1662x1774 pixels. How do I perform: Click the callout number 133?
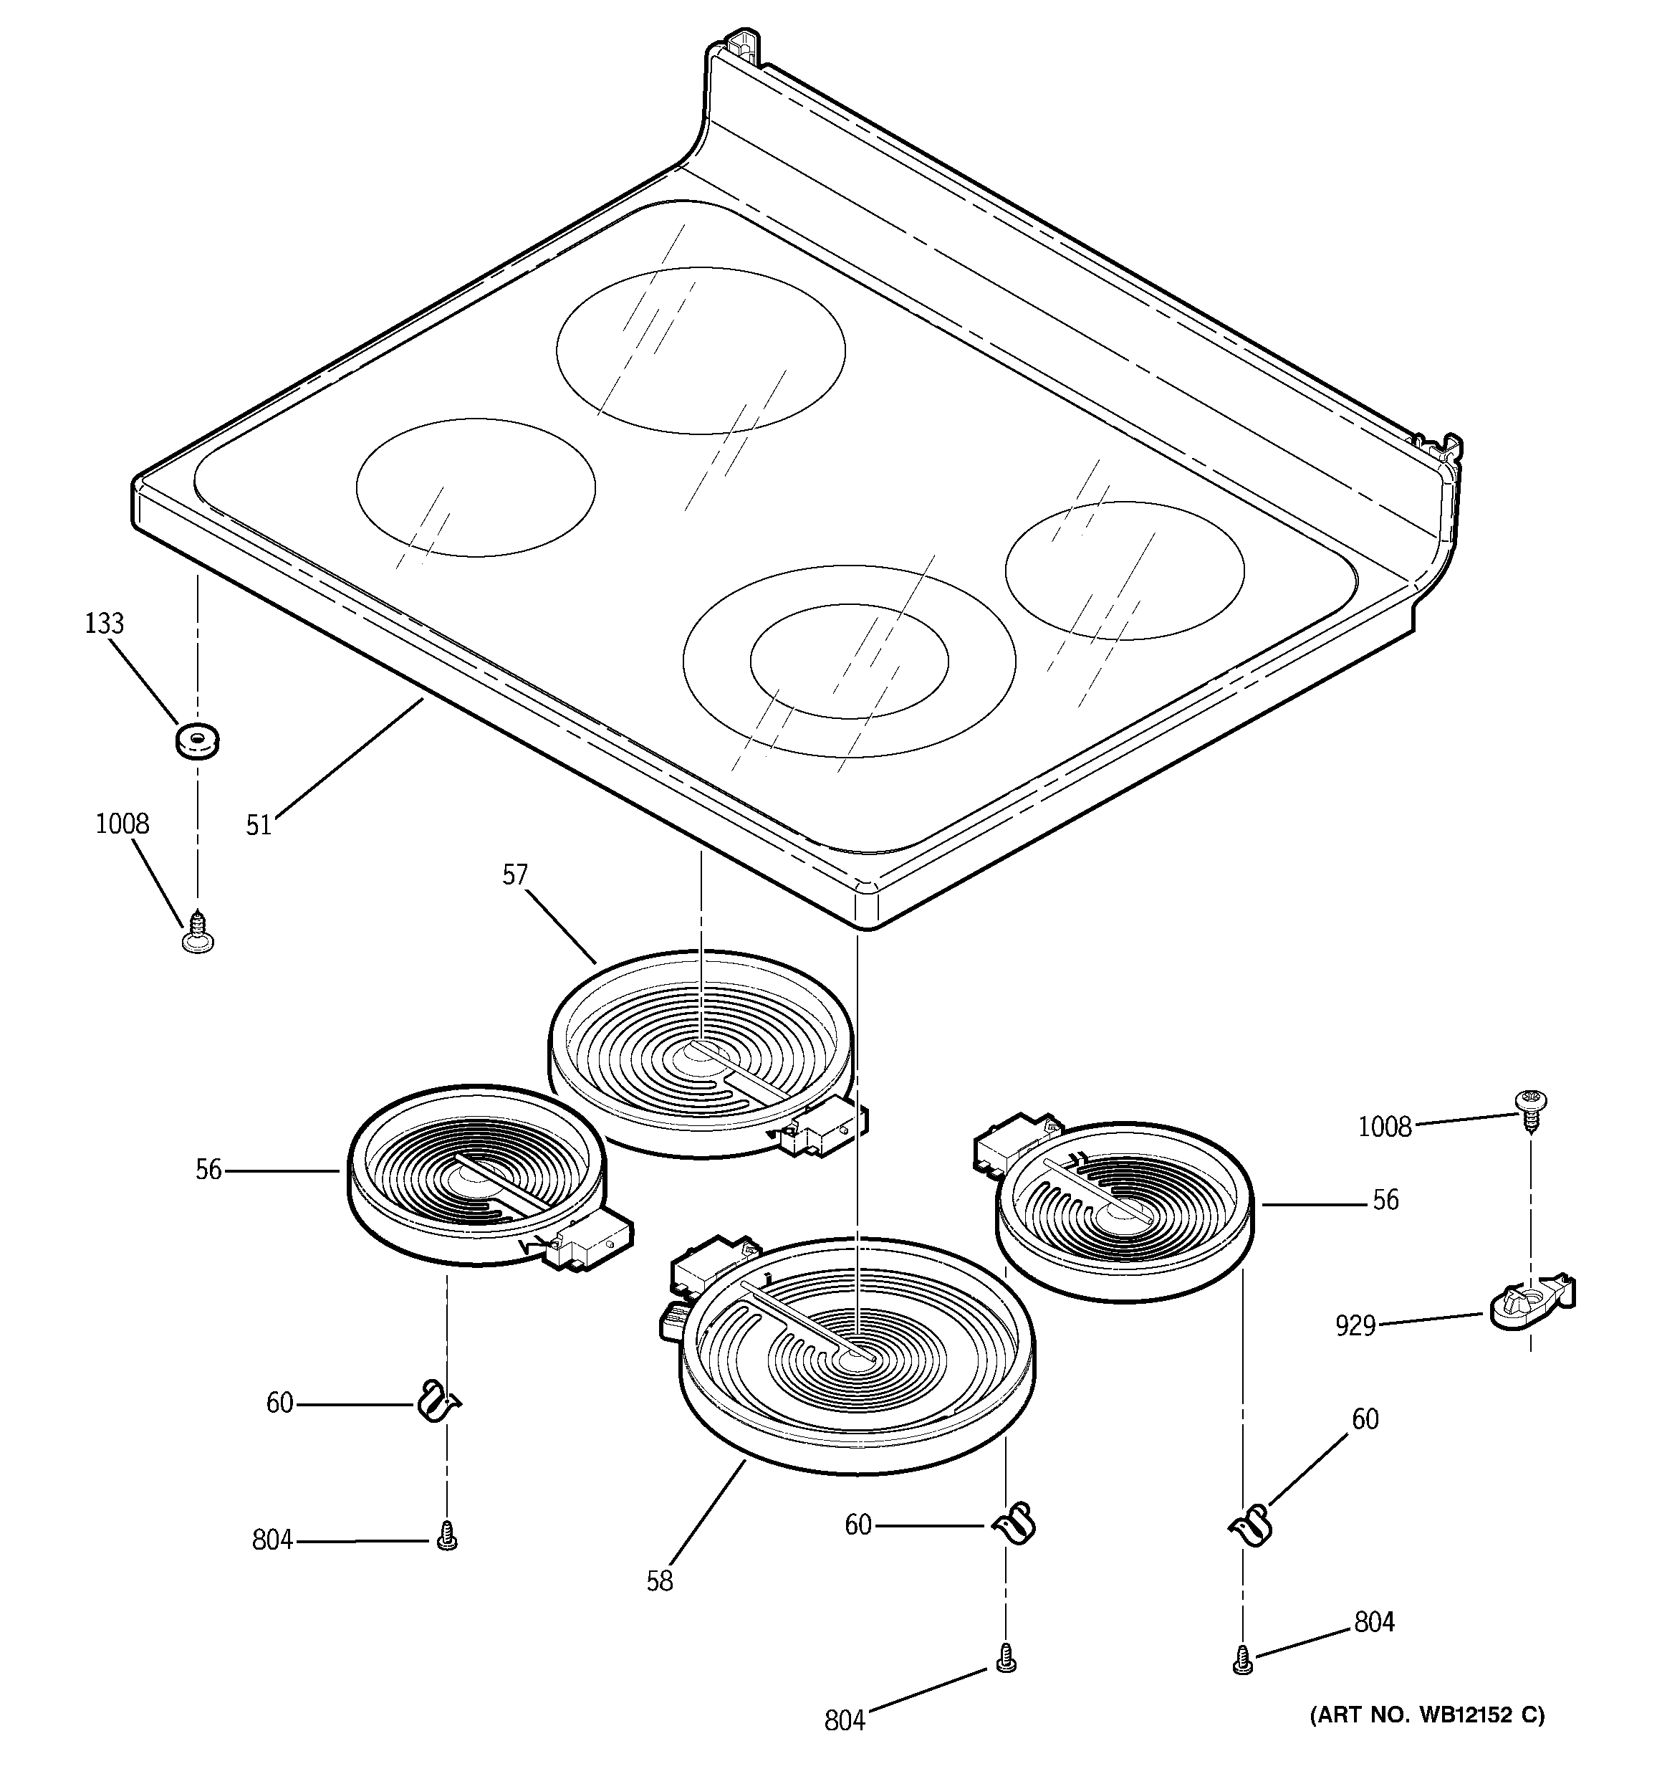click(105, 624)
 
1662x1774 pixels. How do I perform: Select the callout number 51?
click(259, 826)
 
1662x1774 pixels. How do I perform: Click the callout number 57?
click(515, 875)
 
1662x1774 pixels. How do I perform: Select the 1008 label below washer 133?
click(123, 824)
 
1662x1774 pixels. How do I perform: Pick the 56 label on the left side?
click(208, 1170)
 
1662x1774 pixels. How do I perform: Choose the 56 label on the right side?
click(1385, 1200)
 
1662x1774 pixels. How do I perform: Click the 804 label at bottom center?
click(844, 1745)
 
